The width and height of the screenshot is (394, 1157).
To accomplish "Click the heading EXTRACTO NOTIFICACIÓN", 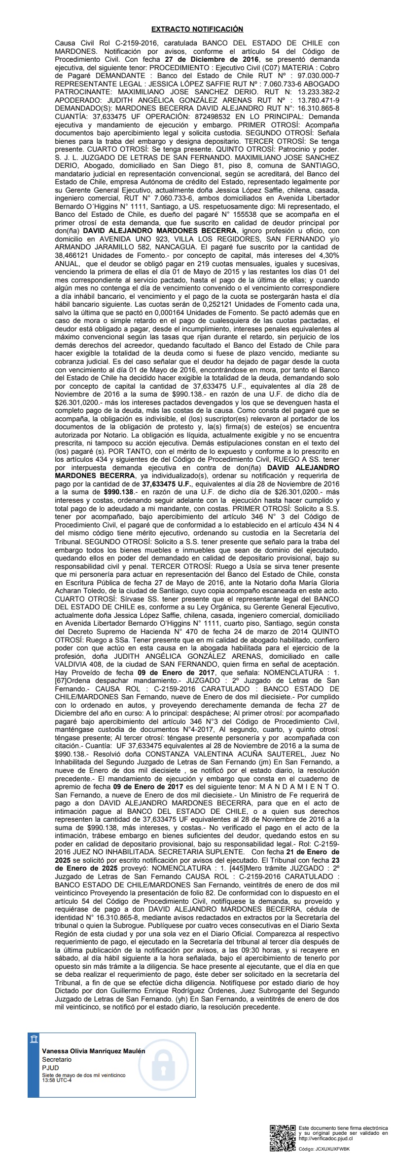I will pyautogui.click(x=197, y=30).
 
